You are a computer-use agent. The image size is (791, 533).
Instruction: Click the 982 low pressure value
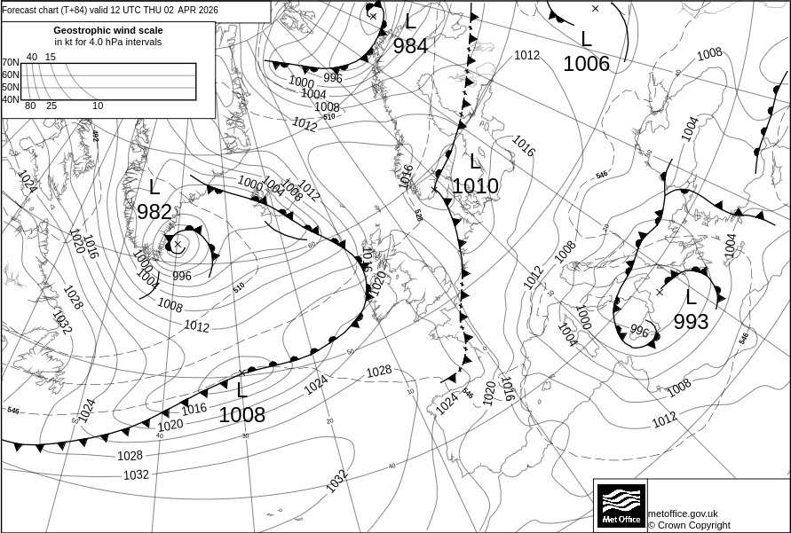click(154, 213)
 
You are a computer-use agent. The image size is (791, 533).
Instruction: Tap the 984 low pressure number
click(410, 46)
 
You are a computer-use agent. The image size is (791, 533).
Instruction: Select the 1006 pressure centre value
click(586, 64)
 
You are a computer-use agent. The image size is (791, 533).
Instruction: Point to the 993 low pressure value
click(691, 322)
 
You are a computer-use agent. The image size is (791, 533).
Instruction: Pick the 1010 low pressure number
click(475, 186)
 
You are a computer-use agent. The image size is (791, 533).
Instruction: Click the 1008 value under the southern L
click(241, 414)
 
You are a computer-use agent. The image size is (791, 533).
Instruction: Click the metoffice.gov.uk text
click(683, 513)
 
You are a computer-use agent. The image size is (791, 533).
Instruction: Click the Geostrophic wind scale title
click(108, 30)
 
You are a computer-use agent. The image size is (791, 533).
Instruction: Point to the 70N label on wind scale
click(10, 63)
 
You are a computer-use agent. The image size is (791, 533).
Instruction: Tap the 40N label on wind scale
click(10, 99)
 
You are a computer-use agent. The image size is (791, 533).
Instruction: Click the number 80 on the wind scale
click(30, 106)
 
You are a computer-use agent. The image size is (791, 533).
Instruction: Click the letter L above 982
click(154, 187)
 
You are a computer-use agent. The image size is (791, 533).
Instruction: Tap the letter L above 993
click(691, 298)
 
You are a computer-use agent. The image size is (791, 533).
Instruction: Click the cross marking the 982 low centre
click(177, 243)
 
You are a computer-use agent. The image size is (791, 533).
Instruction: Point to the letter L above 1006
click(586, 39)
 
